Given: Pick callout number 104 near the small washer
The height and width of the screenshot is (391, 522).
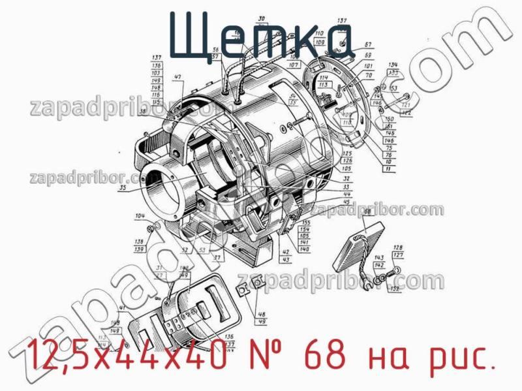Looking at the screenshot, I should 140,216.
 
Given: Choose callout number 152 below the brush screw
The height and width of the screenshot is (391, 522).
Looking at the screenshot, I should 394,288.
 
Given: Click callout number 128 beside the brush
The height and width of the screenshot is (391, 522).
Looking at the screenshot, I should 397,247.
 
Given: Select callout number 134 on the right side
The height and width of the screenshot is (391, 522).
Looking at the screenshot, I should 392,65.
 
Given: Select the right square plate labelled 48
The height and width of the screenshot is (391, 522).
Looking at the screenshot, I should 257,281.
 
